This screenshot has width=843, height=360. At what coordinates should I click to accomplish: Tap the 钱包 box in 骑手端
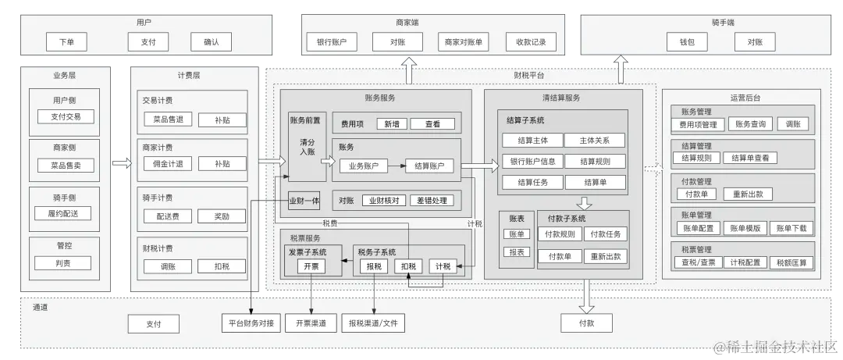(687, 42)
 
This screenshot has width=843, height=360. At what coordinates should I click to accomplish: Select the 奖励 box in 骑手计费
(222, 216)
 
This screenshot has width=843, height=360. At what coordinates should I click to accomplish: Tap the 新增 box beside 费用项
(393, 123)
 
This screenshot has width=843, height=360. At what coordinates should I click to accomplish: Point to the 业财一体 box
(304, 201)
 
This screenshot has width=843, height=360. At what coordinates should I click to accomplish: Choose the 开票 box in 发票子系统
(311, 266)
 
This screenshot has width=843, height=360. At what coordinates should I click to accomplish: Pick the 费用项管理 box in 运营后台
(698, 124)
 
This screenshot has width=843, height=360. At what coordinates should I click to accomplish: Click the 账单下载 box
(791, 228)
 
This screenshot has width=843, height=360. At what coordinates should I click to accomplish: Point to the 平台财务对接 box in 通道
(251, 323)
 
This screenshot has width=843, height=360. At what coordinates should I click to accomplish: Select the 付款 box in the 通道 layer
(586, 323)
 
